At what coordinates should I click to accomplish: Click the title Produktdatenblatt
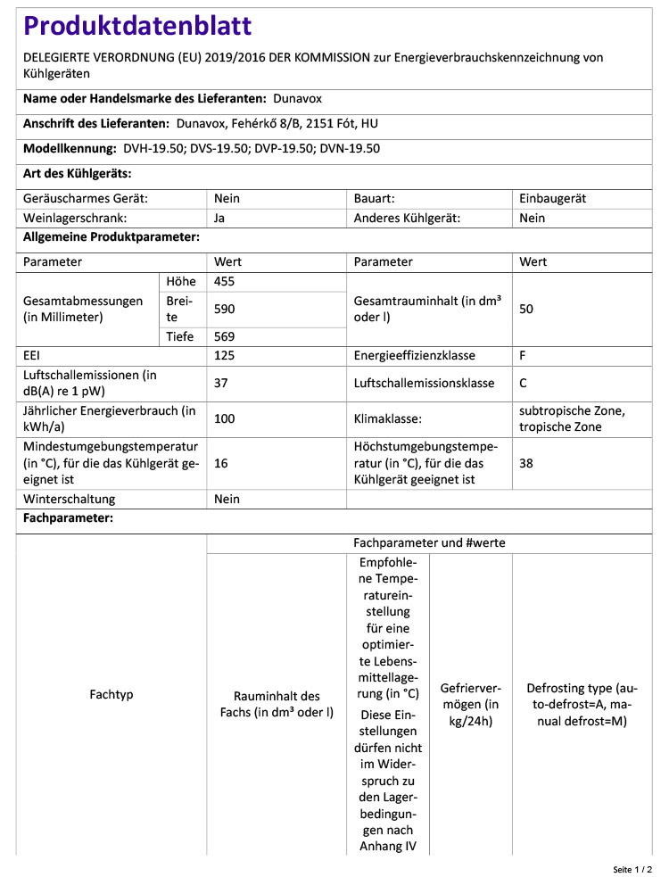(x=137, y=27)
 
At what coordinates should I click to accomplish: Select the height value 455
(x=225, y=281)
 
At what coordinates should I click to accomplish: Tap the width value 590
(x=225, y=309)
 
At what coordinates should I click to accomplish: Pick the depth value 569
(x=225, y=336)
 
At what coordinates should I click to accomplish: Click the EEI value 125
(x=225, y=355)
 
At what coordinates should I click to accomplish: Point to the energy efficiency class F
(x=523, y=355)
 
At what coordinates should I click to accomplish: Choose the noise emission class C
(x=524, y=383)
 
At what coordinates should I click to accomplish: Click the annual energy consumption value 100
(x=225, y=418)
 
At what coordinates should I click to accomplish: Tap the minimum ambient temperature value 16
(x=222, y=463)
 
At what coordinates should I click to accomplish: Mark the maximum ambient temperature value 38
(x=526, y=463)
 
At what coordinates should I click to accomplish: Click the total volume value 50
(x=526, y=309)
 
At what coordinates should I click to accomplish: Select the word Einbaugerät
(x=553, y=199)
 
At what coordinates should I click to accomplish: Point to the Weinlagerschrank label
(x=75, y=217)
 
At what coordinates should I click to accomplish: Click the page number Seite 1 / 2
(x=632, y=868)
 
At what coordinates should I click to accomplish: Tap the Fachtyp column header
(x=111, y=694)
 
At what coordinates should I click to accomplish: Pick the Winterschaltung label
(x=70, y=499)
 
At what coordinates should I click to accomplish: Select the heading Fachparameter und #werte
(x=429, y=542)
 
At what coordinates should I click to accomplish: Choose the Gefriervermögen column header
(x=471, y=705)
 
